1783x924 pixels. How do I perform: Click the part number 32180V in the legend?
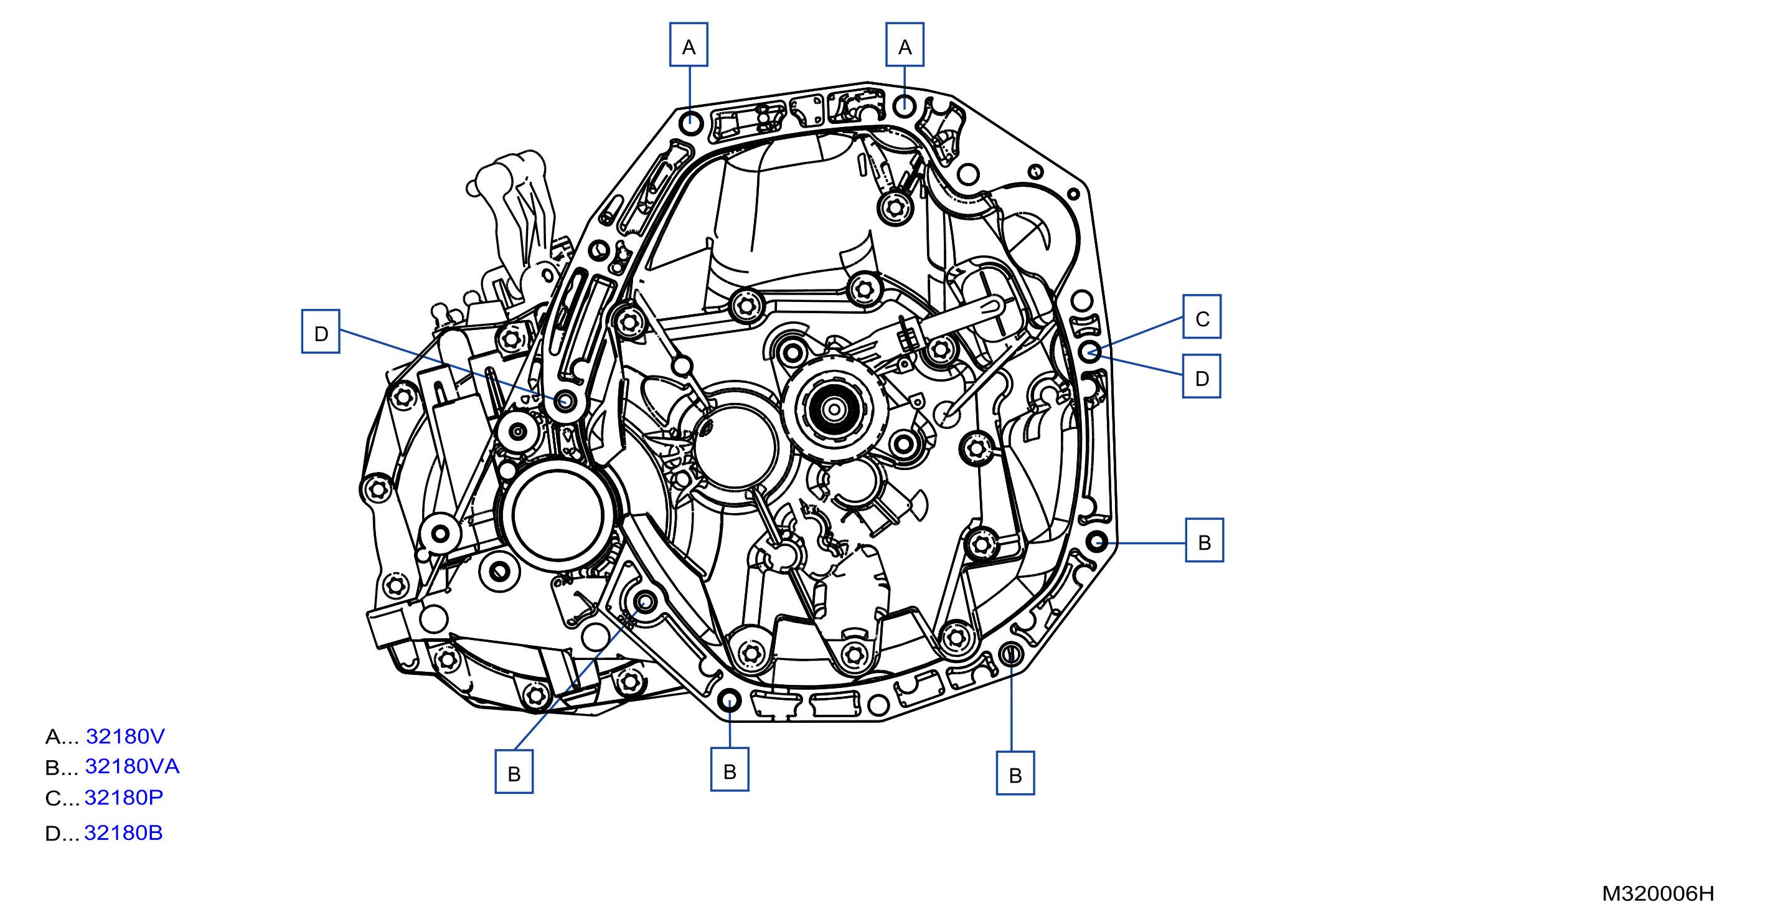125,736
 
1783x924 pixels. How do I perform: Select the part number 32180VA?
132,766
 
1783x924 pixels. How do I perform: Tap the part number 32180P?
124,798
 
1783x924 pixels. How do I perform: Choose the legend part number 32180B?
124,832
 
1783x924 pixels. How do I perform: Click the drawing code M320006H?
1658,893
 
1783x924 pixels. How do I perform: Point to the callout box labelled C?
1202,317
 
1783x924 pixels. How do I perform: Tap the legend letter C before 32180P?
54,798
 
